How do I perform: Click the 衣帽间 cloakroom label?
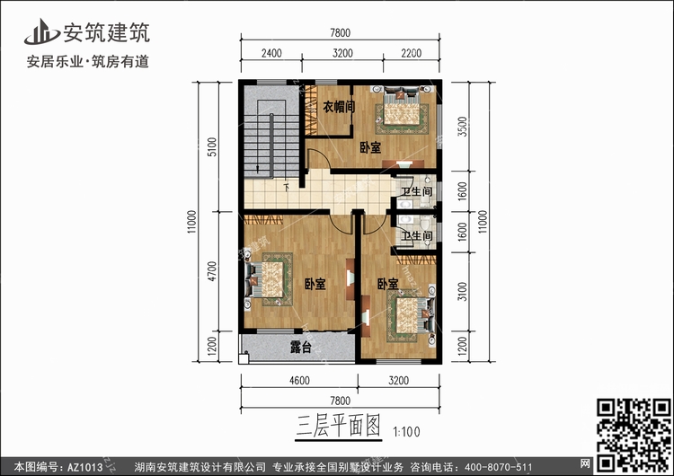pyautogui.click(x=339, y=107)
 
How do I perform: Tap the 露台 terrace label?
pyautogui.click(x=301, y=347)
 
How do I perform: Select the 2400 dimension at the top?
pyautogui.click(x=271, y=53)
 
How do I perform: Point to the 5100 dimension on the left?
pyautogui.click(x=212, y=147)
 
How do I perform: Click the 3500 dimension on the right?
pyautogui.click(x=462, y=127)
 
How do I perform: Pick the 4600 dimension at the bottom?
pyautogui.click(x=299, y=380)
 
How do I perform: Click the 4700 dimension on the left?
pyautogui.click(x=212, y=271)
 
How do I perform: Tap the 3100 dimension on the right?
pyautogui.click(x=462, y=291)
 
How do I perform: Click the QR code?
pyautogui.click(x=634, y=435)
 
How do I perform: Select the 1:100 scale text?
pyautogui.click(x=406, y=432)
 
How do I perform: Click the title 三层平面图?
pyautogui.click(x=338, y=426)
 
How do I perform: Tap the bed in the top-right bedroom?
pyautogui.click(x=402, y=107)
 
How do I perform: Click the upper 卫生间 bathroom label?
pyautogui.click(x=416, y=190)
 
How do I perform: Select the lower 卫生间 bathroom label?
pyautogui.click(x=416, y=235)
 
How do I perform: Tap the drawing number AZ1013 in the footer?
pyautogui.click(x=85, y=467)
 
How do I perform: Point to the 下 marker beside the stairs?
pyautogui.click(x=287, y=188)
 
